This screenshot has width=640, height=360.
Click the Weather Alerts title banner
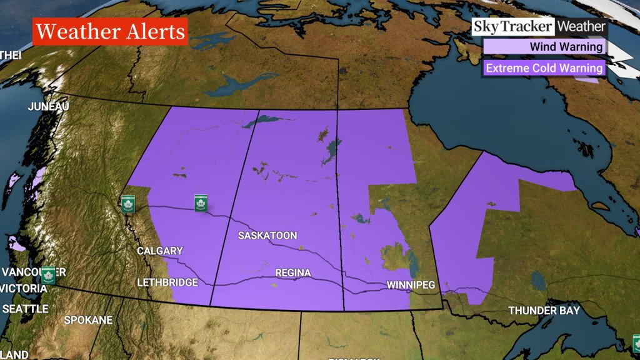pyautogui.click(x=110, y=31)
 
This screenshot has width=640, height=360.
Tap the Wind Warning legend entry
pyautogui.click(x=544, y=47)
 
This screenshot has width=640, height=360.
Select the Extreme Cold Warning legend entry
pyautogui.click(x=544, y=68)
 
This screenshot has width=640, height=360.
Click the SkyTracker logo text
pyautogui.click(x=512, y=27)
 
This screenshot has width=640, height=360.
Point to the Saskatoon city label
pyautogui.click(x=267, y=236)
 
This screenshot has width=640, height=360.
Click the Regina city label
pyautogui.click(x=292, y=273)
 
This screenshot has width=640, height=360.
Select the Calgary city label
pyautogui.click(x=160, y=251)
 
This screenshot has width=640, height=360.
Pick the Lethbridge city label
pyautogui.click(x=167, y=282)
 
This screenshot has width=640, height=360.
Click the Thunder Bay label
pyautogui.click(x=544, y=311)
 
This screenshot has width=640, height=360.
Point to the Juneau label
pyautogui.click(x=48, y=107)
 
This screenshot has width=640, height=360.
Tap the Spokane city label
pyautogui.click(x=88, y=320)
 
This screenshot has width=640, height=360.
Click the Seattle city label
pyautogui.click(x=25, y=309)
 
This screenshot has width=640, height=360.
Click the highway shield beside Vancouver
pyautogui.click(x=48, y=275)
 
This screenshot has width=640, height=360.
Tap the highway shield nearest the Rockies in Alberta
pyautogui.click(x=128, y=204)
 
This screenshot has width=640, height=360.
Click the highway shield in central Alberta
pyautogui.click(x=201, y=202)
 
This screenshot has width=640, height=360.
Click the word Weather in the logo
pyautogui.click(x=581, y=27)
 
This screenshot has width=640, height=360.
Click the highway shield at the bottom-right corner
pyautogui.click(x=636, y=343)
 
